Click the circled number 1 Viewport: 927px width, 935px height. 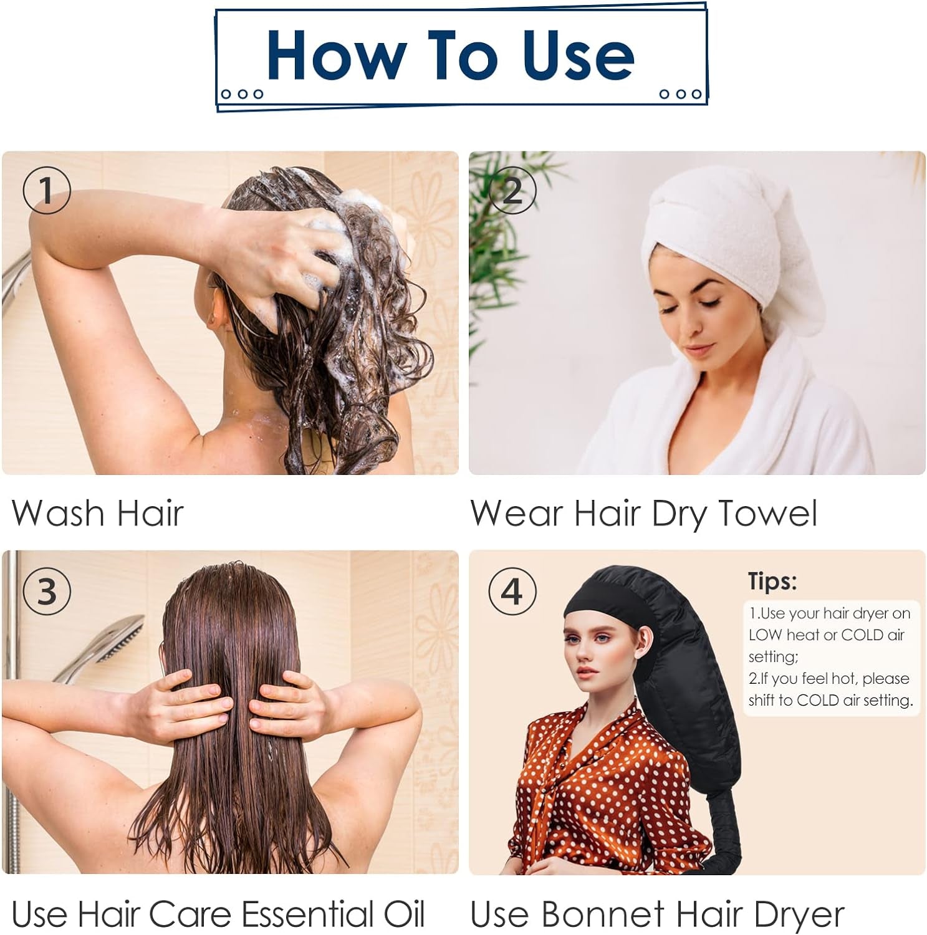pos(47,190)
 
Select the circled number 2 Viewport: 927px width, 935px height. pos(512,190)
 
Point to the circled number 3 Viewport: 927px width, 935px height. pos(47,591)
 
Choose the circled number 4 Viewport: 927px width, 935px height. pos(512,591)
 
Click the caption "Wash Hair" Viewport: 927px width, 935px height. pos(98,514)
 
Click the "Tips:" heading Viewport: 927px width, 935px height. pos(772,581)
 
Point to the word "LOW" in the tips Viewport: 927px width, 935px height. pos(765,635)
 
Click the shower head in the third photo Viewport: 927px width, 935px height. pos(118,639)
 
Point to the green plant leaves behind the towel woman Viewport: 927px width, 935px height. pos(492,249)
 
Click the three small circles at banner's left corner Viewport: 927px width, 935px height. pos(243,94)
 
